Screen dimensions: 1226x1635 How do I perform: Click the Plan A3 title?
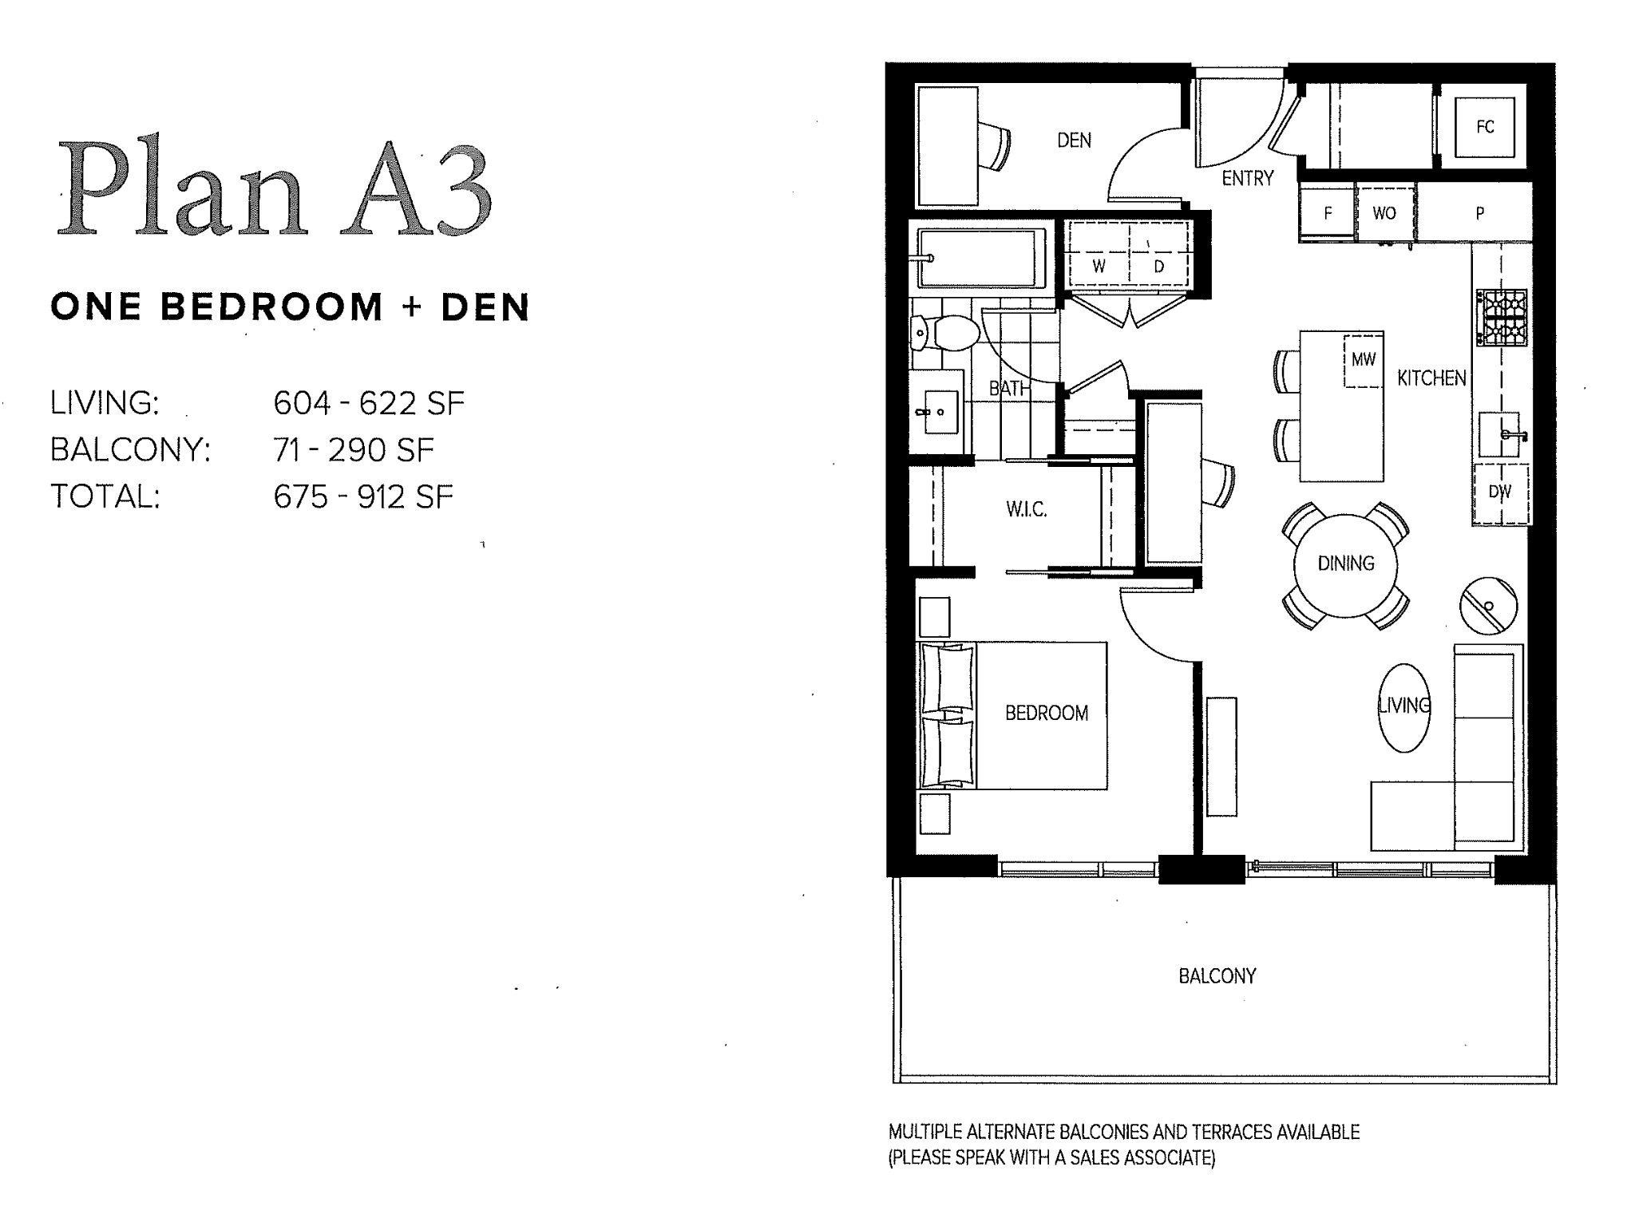tap(274, 190)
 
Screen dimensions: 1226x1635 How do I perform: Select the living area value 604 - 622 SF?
tap(368, 403)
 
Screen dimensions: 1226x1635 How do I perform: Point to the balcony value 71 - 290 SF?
tap(353, 450)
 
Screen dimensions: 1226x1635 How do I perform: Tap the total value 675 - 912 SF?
tap(363, 497)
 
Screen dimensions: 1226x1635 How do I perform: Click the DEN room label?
tap(1074, 140)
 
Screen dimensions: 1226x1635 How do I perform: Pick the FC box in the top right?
tap(1484, 127)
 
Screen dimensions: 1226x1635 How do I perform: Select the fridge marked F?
tap(1328, 213)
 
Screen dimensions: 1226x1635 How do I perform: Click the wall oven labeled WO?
tap(1384, 213)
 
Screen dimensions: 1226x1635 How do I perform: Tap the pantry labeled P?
tap(1479, 213)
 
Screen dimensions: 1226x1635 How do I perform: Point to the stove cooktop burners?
tap(1502, 318)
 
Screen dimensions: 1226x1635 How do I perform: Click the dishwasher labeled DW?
tap(1500, 492)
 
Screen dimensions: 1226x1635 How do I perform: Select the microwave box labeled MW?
tap(1363, 360)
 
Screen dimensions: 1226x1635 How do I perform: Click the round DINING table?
tap(1346, 564)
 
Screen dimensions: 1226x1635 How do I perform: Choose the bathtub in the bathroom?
tap(981, 258)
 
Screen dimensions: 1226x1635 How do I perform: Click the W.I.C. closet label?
tap(1026, 509)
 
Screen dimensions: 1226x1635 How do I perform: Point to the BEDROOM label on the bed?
tap(1046, 713)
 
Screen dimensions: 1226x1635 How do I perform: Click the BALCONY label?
tap(1217, 976)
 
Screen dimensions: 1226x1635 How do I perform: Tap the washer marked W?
tap(1099, 267)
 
